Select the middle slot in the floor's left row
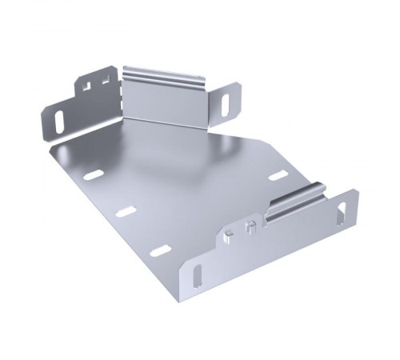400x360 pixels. tap(125, 212)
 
